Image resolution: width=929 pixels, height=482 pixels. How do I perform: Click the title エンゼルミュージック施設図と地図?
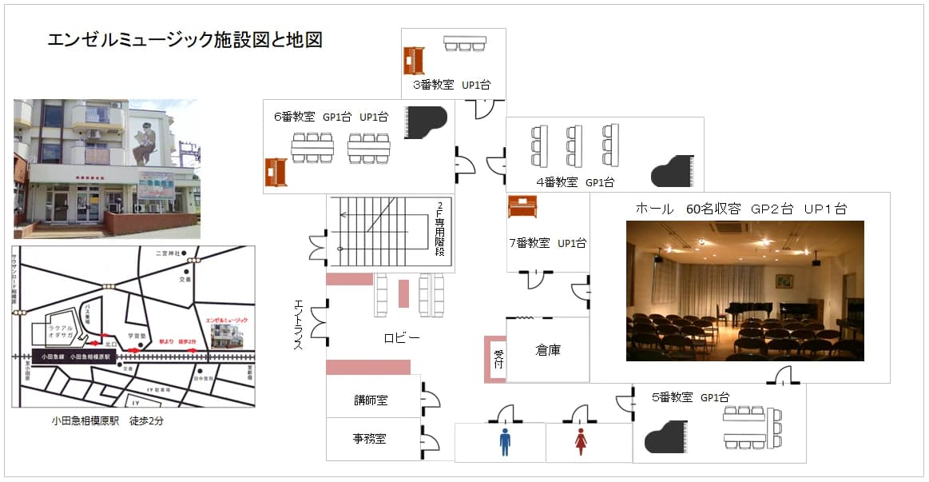coord(185,40)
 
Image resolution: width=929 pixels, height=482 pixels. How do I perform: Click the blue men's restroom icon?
coord(505,441)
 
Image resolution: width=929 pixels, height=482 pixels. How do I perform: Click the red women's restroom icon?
coord(581,441)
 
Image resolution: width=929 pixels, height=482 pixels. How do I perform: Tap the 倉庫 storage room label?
coord(547,350)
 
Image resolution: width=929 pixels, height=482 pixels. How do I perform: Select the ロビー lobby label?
coord(401,338)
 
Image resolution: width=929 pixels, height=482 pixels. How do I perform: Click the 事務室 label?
coord(371,438)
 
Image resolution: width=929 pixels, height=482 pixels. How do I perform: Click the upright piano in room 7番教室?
coord(522,207)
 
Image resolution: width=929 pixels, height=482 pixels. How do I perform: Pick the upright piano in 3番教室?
coord(414,61)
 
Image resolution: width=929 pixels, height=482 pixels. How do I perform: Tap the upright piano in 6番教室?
coord(276,172)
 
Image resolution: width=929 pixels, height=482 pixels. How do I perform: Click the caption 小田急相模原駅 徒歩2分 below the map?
coord(108,420)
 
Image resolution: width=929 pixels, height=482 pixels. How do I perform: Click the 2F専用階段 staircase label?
coord(440,232)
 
